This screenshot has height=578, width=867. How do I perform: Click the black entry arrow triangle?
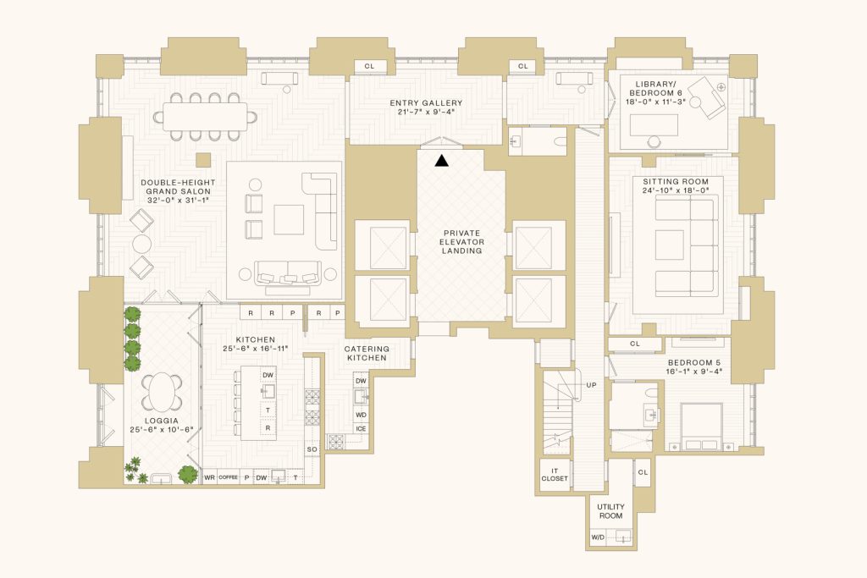[x=441, y=161]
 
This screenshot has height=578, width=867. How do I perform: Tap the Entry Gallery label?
[x=426, y=102]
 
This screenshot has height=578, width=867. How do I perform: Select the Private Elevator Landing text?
[x=461, y=242]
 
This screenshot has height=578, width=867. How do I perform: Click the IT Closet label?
[x=555, y=475]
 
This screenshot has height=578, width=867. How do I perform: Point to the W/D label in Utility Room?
[x=598, y=537]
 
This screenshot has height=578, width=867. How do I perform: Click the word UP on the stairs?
[x=591, y=385]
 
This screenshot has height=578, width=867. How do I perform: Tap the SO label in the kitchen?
[x=312, y=449]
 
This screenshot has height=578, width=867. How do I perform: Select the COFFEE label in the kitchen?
[x=228, y=477]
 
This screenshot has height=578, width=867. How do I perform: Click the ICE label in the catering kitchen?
[x=361, y=429]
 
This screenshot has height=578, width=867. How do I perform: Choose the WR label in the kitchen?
[x=210, y=477]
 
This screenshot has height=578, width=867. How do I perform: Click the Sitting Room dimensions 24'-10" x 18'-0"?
[x=676, y=190]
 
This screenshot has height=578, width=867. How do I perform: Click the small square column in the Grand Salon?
[x=203, y=160]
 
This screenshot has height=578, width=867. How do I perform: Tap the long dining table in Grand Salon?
[x=205, y=117]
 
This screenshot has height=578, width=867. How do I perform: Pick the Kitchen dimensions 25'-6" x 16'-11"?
[x=256, y=349]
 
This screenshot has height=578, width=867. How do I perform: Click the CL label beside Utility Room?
[x=643, y=472]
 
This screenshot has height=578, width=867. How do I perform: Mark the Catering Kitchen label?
[x=367, y=353]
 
